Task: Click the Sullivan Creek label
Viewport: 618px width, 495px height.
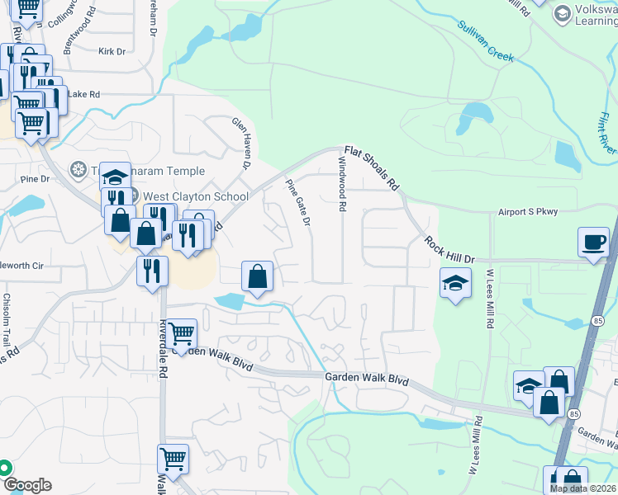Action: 486,42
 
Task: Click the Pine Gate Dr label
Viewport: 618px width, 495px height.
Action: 298,202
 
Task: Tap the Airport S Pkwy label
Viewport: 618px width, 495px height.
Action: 528,212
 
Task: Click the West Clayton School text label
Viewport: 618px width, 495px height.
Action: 195,196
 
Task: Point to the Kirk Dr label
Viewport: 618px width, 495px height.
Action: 111,51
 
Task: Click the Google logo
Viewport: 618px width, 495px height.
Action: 26,485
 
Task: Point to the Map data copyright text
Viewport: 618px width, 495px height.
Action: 582,488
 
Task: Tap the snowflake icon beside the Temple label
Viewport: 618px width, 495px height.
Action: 78,170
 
